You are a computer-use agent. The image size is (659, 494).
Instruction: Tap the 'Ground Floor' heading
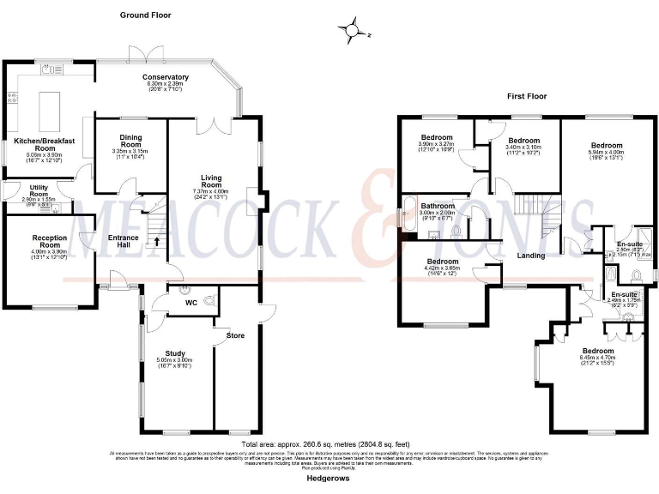[x=145, y=15]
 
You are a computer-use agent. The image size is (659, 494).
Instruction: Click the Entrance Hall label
[x=124, y=240]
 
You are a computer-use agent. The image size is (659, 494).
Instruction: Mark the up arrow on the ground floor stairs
[x=156, y=242]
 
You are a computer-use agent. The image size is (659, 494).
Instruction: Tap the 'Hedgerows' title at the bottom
[x=329, y=479]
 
